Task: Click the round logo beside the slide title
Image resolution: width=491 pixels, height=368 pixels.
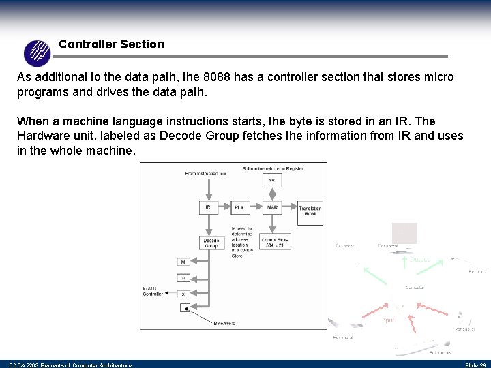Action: pos(37,52)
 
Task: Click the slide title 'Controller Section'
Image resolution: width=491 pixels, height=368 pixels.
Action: pos(111,44)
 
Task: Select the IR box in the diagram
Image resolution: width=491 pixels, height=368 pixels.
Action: pos(208,206)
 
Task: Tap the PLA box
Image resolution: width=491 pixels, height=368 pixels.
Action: pos(239,206)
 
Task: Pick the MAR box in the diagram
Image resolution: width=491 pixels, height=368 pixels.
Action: pos(272,206)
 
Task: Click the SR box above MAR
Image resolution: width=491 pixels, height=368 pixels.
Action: pos(272,180)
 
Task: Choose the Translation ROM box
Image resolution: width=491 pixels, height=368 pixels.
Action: pos(310,211)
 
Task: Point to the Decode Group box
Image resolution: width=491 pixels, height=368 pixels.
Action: pos(211,243)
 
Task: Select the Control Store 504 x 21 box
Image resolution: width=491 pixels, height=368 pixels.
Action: pos(276,242)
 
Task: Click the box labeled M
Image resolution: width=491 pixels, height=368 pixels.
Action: pos(183,262)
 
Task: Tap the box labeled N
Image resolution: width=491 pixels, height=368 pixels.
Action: pos(183,277)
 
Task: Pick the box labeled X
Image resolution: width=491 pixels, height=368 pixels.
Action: pos(183,293)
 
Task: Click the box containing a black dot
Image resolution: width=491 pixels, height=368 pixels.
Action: pos(185,308)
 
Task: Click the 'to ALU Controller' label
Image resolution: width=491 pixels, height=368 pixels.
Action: pos(153,292)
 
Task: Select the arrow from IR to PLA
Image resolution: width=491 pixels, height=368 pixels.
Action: pos(224,206)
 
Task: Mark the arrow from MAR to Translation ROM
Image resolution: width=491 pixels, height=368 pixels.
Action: pos(289,206)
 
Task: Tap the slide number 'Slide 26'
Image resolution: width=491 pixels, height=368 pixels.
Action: pos(475,365)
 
